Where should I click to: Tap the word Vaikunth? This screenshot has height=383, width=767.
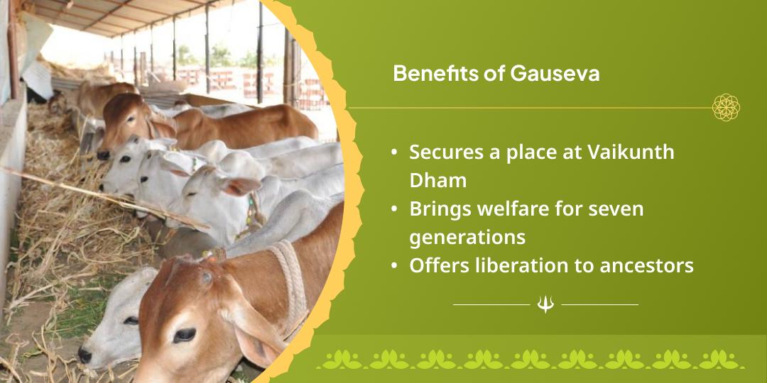[633, 152]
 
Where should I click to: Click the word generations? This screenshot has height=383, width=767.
[467, 237]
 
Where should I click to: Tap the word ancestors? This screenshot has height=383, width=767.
[643, 265]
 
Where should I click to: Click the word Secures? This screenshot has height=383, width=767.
[442, 152]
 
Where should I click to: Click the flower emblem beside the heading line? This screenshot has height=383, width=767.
[726, 108]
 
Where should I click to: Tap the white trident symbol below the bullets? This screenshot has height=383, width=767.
[545, 304]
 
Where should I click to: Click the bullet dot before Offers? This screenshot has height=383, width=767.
[394, 266]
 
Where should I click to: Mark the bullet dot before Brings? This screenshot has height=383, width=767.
[394, 210]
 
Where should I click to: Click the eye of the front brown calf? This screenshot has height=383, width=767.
[184, 334]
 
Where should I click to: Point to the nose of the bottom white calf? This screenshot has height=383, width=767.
[85, 354]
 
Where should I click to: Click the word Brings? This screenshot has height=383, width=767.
[437, 209]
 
